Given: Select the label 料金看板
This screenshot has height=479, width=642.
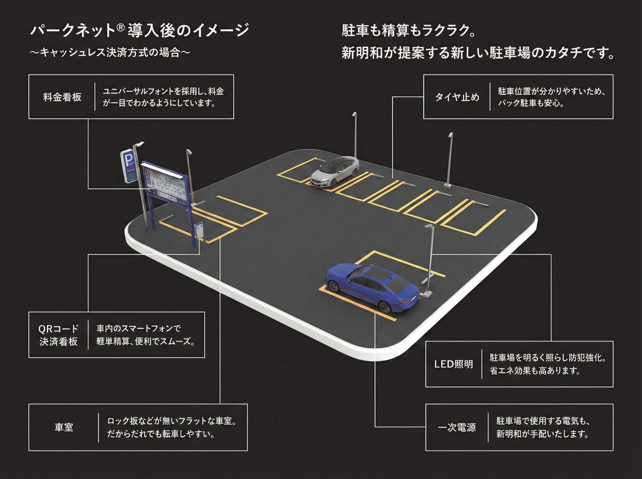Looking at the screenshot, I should coord(62,97).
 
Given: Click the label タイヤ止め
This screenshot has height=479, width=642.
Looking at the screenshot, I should coord(457,97).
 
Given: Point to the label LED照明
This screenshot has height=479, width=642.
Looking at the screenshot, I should coord(453,364).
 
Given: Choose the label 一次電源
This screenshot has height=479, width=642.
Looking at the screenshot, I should coord(457,427).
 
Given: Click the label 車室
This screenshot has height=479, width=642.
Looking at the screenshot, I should coord(64,427).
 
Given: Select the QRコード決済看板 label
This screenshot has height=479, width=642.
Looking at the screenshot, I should coord(59,335).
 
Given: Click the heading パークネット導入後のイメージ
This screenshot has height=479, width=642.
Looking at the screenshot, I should coord(139,30).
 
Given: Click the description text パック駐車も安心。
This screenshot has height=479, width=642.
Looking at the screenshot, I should coord(531,103).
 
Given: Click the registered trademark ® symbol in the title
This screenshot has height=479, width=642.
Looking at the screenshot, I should coord(121,27).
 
